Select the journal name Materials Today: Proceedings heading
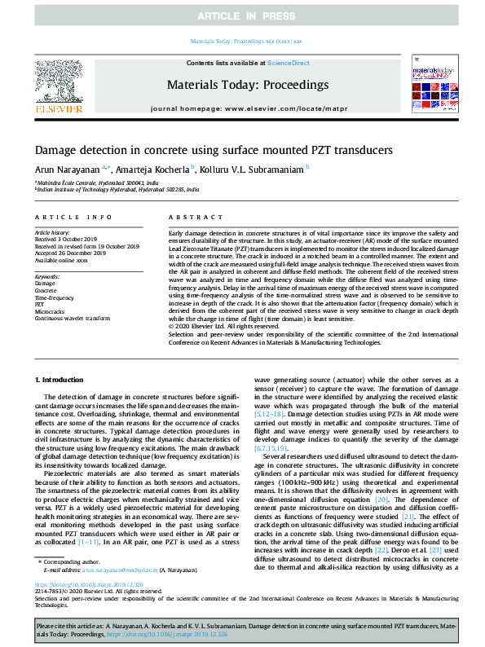pos(247,85)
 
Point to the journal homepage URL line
pos(247,108)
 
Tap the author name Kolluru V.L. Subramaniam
pos(254,169)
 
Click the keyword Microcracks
pos(50,310)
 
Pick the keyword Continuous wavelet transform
pos(72,318)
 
